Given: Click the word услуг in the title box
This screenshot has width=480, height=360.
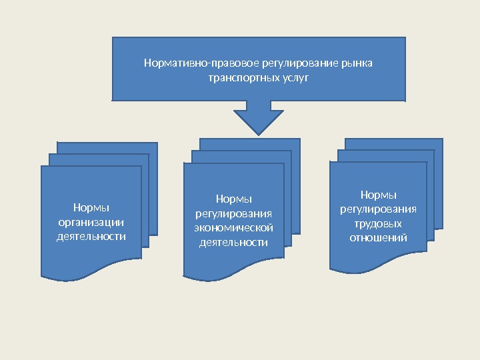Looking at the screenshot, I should click(x=295, y=77).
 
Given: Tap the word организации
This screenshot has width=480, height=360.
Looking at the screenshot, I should click(x=91, y=223).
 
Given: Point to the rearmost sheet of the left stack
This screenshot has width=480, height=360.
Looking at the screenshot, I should click(x=107, y=147).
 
